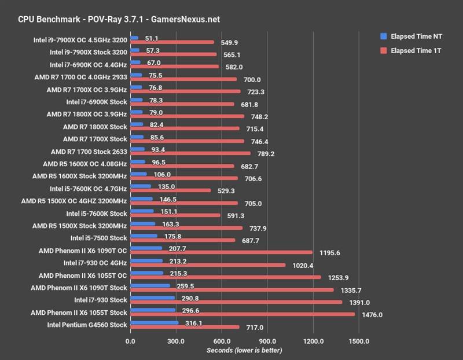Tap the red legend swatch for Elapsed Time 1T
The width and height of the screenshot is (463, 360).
click(383, 50)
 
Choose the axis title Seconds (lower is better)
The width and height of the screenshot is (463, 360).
click(244, 351)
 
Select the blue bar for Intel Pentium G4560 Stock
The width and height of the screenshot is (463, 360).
click(155, 323)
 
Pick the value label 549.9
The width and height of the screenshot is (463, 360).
click(227, 43)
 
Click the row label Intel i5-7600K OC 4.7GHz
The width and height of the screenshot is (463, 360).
click(88, 188)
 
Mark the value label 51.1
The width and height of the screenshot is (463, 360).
click(152, 38)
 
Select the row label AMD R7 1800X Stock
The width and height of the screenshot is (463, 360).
click(94, 127)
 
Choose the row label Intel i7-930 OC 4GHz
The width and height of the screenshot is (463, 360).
click(95, 262)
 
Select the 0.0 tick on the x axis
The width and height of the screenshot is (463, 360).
click(131, 341)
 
